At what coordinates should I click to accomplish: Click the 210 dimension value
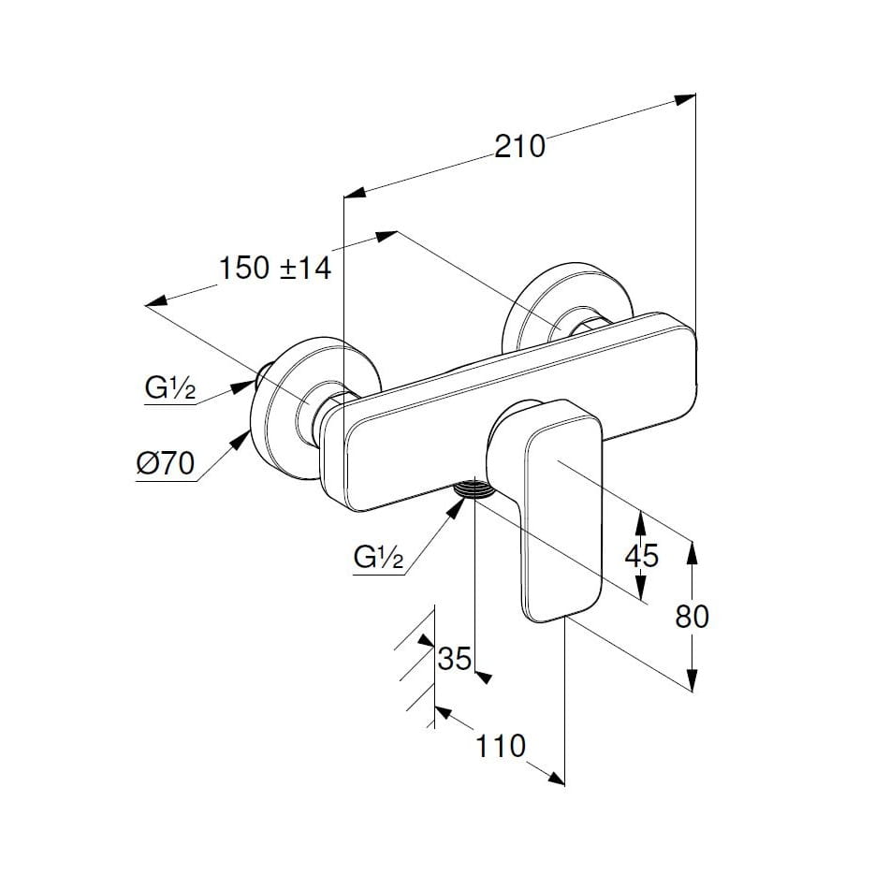(520, 146)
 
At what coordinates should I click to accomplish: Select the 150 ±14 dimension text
(275, 269)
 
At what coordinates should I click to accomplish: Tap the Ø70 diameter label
(165, 463)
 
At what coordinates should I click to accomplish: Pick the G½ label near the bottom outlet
(379, 558)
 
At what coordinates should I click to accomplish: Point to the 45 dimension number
(641, 555)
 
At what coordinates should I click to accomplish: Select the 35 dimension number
(455, 659)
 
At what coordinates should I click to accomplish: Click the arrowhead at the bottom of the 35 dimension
(483, 675)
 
